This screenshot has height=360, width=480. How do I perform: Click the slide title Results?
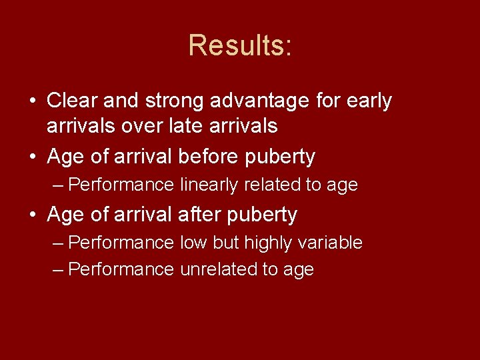click(240, 45)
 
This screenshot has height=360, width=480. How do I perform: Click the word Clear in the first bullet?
click(71, 101)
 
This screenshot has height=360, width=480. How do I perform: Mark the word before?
click(209, 157)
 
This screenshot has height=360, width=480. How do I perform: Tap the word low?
click(194, 243)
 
